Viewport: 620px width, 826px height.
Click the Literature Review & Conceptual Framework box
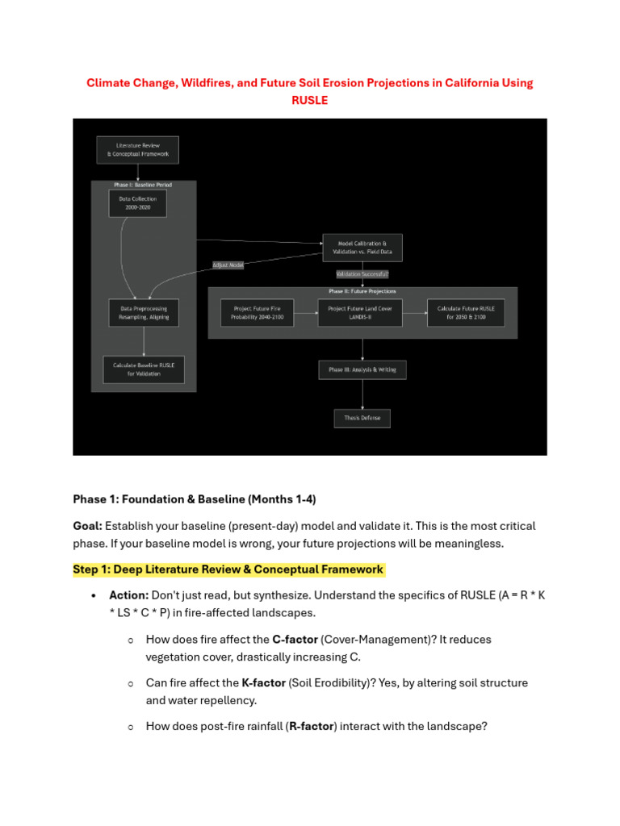[138, 150]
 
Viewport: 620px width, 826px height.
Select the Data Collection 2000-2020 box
[137, 202]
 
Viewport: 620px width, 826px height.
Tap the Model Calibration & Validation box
[362, 248]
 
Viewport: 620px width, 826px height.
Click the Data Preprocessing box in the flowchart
[144, 313]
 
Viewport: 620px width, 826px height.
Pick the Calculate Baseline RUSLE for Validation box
[144, 369]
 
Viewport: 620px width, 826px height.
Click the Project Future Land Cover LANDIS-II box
[359, 313]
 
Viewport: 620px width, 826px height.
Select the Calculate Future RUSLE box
[466, 313]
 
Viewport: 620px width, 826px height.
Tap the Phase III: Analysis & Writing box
[362, 369]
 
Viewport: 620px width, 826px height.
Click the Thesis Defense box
[362, 418]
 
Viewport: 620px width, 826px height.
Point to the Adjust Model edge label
[228, 265]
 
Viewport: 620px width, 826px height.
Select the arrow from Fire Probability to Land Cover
[305, 313]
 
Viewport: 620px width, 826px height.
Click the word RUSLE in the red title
[310, 101]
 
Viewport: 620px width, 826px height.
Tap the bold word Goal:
[87, 526]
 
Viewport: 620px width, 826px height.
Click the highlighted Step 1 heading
[228, 569]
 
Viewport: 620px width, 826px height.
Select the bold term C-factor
[295, 640]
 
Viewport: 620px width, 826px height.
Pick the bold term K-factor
[263, 683]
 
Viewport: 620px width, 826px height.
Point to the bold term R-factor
[312, 727]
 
